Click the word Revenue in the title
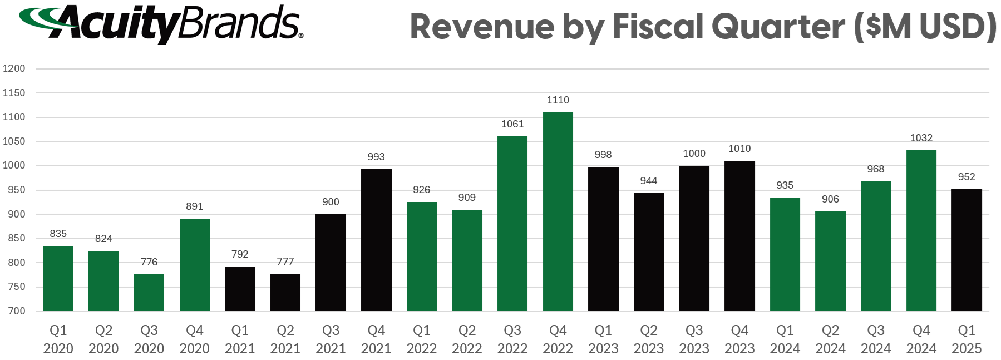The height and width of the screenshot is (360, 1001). [482, 27]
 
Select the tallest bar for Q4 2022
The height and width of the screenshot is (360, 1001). [558, 211]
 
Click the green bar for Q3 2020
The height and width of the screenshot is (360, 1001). [149, 293]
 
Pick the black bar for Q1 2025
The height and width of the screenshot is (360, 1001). [967, 250]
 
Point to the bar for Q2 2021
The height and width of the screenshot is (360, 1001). [285, 292]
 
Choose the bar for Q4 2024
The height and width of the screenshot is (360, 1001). [921, 230]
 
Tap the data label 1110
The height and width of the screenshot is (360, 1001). [558, 100]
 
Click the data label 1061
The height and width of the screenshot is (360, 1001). [512, 124]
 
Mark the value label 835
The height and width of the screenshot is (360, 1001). [58, 234]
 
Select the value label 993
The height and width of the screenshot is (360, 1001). [376, 157]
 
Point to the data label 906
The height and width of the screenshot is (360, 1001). [830, 199]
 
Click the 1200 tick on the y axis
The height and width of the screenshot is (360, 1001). [14, 68]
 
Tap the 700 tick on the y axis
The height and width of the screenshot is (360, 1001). [17, 311]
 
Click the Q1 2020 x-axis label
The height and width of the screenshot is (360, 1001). [58, 339]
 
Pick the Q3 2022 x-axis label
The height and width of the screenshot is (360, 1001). [512, 339]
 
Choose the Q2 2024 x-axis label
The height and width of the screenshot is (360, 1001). [830, 339]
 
